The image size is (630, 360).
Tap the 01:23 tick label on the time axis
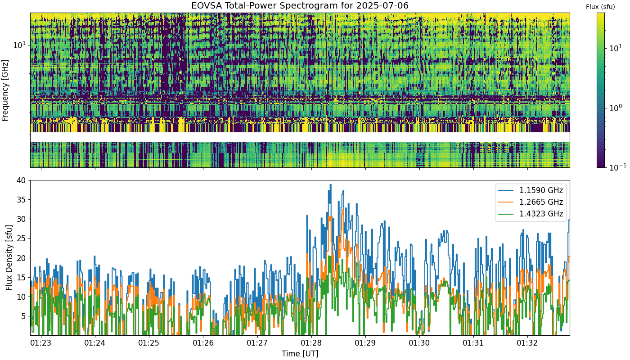tap(41, 343)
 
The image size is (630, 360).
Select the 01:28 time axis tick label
tap(311, 343)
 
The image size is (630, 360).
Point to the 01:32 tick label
tap(527, 343)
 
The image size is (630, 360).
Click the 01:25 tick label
tap(149, 343)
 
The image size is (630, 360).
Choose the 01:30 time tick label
tap(419, 343)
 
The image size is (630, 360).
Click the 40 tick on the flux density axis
tap(21, 180)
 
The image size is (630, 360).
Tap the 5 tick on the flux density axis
tap(23, 316)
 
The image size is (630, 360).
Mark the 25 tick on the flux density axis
tap(21, 238)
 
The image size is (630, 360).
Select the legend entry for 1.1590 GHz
tap(530, 190)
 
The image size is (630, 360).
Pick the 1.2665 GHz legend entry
tap(530, 202)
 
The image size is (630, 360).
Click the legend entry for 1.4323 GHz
tap(530, 214)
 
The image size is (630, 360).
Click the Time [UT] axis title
tap(300, 354)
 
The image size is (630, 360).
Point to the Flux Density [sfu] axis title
tap(9, 257)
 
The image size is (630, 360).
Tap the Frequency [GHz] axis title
tap(5, 90)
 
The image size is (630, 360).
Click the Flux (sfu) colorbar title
tap(600, 7)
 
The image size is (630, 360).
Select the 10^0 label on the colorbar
tap(616, 108)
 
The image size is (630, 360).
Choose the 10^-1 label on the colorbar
tap(617, 167)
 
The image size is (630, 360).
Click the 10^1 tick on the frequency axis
tap(19, 45)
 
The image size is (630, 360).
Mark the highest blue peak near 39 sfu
tap(330, 185)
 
